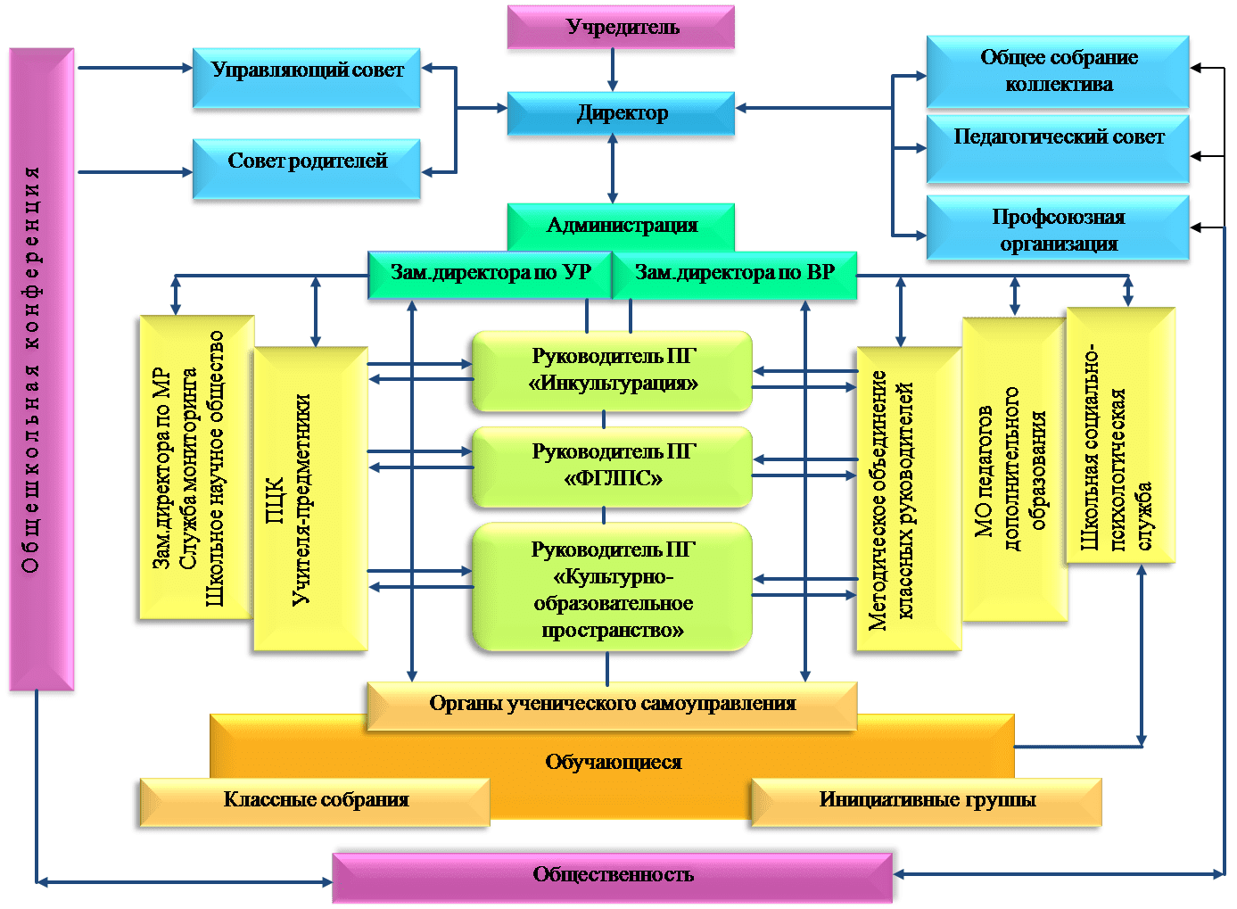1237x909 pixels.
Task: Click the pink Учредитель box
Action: point(621,27)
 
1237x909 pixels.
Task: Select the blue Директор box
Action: point(621,113)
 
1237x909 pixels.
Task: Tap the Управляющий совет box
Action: point(307,78)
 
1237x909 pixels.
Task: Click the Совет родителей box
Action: point(307,169)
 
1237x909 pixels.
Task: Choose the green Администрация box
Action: point(621,227)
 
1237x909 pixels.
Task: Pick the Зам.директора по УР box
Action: point(490,275)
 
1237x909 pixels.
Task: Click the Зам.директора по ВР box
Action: point(735,275)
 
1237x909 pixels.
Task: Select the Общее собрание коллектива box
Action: point(1058,71)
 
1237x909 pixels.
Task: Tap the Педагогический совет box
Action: point(1058,149)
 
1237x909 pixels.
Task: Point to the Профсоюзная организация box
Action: point(1058,227)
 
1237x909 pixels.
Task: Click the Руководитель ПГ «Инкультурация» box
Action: point(612,371)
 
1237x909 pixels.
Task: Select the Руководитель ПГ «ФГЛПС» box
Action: point(612,467)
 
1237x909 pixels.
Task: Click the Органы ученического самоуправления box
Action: point(612,707)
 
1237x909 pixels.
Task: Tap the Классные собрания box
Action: point(315,803)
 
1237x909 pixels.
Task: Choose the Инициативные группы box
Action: point(927,803)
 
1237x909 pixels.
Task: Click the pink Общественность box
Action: point(613,878)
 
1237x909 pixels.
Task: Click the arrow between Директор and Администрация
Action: point(613,169)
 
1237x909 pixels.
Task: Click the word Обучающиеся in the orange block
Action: point(614,762)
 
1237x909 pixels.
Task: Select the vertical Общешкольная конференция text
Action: point(31,369)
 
